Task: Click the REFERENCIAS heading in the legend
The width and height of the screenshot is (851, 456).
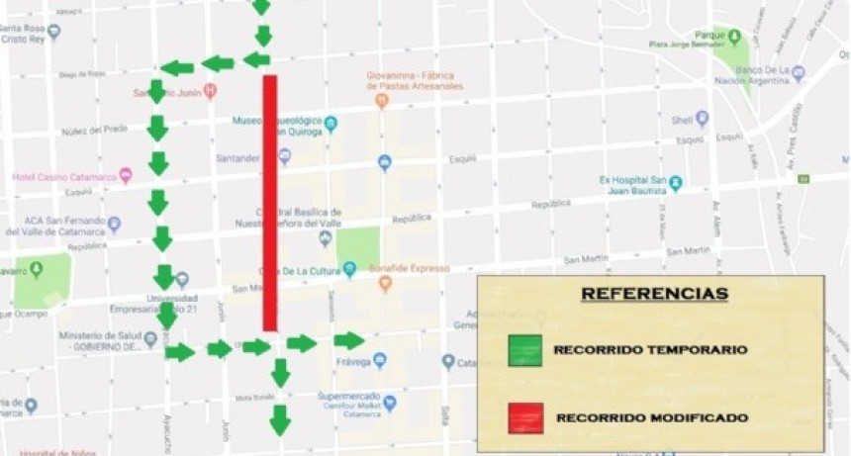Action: pyautogui.click(x=653, y=294)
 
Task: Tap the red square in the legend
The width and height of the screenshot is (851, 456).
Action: pyautogui.click(x=523, y=417)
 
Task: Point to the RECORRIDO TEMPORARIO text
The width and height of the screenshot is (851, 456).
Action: pyautogui.click(x=650, y=350)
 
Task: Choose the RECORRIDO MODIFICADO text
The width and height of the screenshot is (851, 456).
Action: pyautogui.click(x=652, y=418)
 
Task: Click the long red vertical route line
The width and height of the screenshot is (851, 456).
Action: pyautogui.click(x=269, y=203)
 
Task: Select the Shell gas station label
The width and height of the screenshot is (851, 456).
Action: pyautogui.click(x=682, y=120)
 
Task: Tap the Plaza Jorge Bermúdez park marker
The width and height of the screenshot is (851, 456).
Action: pyautogui.click(x=734, y=37)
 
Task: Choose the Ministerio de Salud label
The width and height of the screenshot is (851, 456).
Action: pyautogui.click(x=95, y=340)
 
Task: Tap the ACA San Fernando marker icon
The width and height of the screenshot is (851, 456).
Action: pyautogui.click(x=115, y=224)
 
